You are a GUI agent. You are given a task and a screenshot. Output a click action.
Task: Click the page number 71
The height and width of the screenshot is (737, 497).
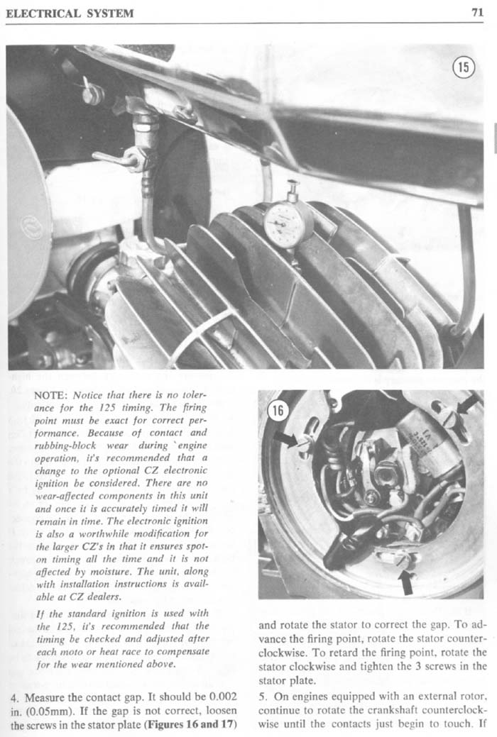click(476, 12)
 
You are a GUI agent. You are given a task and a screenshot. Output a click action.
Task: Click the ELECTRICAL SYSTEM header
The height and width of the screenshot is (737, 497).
click(70, 13)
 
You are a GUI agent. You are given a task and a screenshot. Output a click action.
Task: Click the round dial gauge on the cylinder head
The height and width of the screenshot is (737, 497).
click(288, 223)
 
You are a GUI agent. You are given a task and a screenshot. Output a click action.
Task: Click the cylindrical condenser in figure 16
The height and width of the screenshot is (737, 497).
click(427, 440)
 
